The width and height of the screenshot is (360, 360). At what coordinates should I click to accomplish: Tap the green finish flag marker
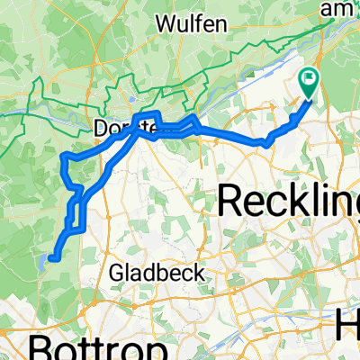pos(309,81)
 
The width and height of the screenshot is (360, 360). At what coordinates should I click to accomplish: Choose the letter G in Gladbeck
pos(114,272)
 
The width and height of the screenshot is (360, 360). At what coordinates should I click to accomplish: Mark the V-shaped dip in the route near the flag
pos(266,142)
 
